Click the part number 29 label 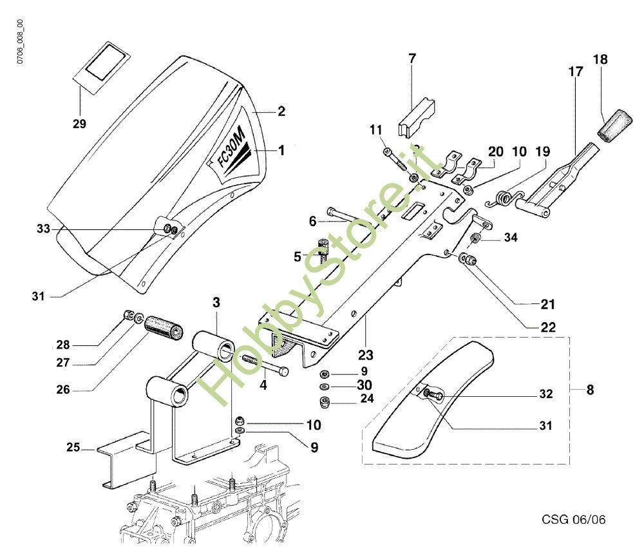tap(79, 122)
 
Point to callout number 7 tap(412, 59)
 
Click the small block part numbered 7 tap(417, 116)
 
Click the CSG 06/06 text tap(573, 519)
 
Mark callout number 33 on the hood tap(43, 228)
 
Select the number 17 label tap(575, 72)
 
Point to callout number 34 tap(510, 238)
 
